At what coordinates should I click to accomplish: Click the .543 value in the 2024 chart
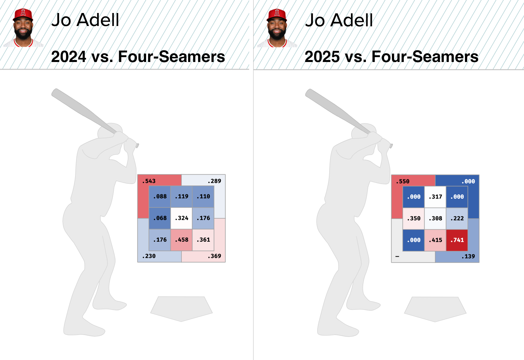click(149, 181)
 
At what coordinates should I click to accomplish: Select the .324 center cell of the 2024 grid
click(181, 218)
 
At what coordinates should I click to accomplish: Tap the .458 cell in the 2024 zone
click(181, 240)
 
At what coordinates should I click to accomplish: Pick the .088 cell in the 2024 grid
click(160, 197)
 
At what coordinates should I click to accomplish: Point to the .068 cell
click(160, 218)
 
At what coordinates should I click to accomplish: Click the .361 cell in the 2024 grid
click(203, 240)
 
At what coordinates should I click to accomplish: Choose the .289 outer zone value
click(214, 181)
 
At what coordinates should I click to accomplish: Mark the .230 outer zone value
click(149, 256)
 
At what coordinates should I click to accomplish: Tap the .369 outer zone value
click(214, 256)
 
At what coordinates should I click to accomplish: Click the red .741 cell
click(457, 240)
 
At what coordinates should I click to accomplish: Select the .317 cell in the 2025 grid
click(435, 197)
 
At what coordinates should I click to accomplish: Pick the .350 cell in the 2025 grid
click(414, 219)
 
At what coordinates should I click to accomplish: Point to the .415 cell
click(435, 240)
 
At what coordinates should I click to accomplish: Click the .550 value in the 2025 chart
click(403, 181)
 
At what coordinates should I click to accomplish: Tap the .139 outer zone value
click(468, 256)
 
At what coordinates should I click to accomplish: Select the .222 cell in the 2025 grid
click(457, 219)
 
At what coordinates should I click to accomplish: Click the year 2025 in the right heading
click(322, 57)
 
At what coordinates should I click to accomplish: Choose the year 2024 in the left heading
click(68, 57)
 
